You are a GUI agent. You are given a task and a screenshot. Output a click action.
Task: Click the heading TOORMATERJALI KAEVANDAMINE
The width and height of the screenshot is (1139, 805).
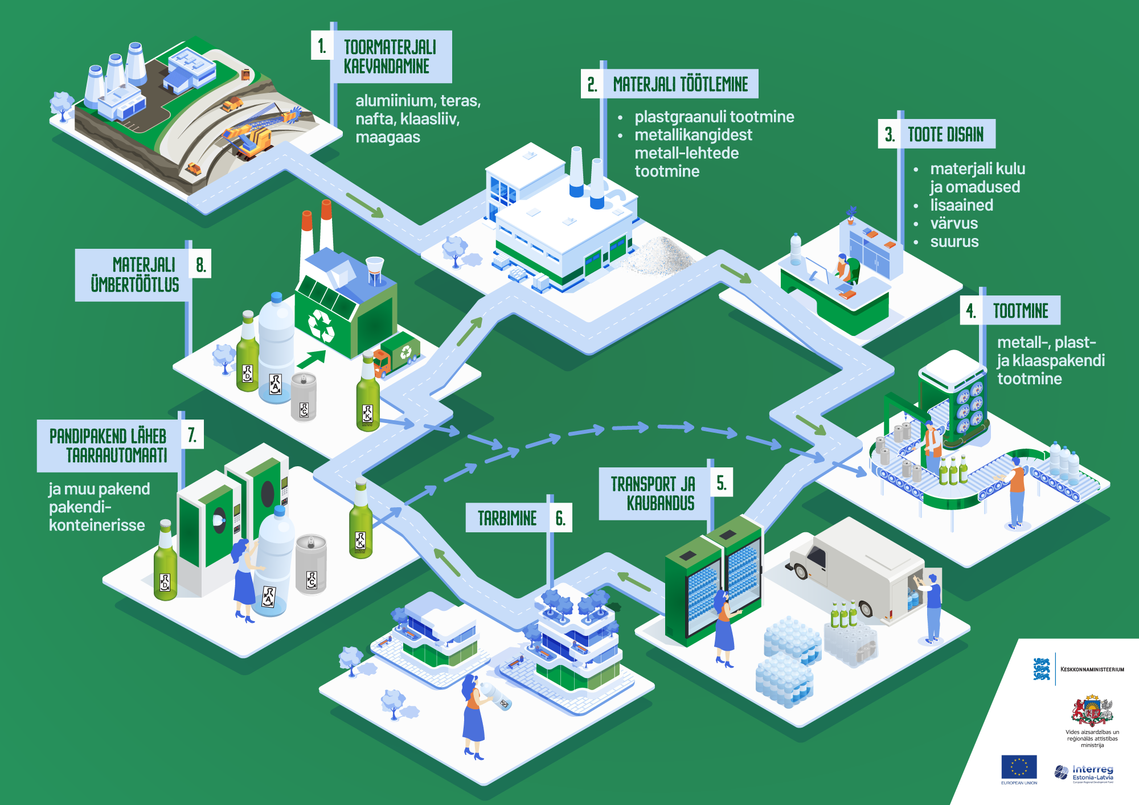tap(390, 56)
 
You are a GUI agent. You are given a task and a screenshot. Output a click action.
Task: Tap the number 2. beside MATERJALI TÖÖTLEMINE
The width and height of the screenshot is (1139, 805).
tap(592, 84)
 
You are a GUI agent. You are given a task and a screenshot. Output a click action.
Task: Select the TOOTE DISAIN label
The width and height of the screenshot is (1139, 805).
tap(945, 134)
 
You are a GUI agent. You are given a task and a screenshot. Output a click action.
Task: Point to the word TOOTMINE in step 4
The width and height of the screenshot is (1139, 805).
tap(1021, 311)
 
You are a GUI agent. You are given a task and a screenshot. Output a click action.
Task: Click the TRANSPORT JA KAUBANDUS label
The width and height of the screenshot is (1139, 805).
tap(653, 494)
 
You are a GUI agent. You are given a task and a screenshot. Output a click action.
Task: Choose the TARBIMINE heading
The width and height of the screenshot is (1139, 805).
tap(507, 518)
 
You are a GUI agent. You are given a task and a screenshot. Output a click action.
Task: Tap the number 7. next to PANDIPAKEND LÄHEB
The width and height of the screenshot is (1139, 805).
tap(192, 436)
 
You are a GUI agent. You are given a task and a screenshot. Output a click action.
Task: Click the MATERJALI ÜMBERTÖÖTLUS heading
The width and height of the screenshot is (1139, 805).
tap(136, 274)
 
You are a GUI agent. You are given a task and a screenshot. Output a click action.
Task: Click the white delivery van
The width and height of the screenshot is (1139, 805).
tap(854, 575)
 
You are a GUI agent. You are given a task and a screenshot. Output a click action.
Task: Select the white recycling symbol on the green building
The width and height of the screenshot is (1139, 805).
tap(321, 325)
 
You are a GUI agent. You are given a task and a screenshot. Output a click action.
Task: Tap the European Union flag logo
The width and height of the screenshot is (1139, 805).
tap(1019, 767)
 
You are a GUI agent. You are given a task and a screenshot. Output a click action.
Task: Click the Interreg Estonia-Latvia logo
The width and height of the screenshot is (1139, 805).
tap(1084, 773)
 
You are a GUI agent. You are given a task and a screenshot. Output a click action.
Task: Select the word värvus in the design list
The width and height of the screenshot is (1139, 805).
tap(954, 223)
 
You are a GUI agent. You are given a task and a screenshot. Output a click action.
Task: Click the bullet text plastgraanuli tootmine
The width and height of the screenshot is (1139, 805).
tap(714, 117)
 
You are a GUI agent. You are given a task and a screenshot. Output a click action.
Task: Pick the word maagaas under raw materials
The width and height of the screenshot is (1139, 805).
tap(388, 137)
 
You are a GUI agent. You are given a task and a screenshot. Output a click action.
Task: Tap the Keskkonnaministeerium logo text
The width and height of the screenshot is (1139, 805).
tap(1092, 670)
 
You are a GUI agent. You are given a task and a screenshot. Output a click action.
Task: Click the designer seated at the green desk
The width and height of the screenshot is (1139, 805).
tap(845, 270)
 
